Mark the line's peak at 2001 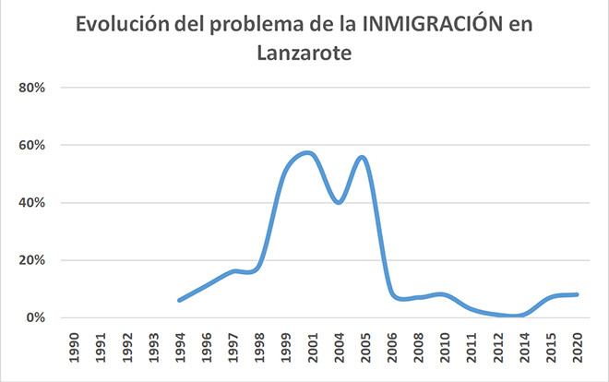point(309,152)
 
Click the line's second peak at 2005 point(362,157)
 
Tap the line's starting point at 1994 point(180,300)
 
